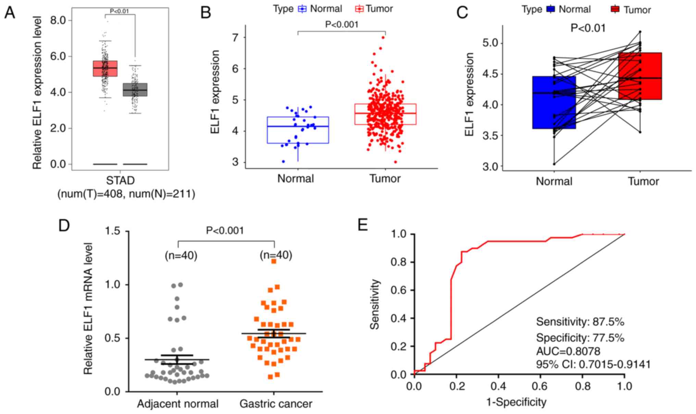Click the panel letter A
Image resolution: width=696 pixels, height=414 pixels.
click(10, 13)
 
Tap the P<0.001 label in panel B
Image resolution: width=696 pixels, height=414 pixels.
click(341, 24)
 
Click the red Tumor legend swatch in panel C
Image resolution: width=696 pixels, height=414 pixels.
click(615, 9)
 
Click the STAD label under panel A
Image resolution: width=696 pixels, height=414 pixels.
click(120, 181)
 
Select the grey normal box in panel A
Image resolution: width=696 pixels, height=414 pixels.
click(135, 89)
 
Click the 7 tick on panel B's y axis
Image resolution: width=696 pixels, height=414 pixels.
click(235, 37)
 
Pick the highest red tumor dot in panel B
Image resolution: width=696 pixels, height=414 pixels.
click(383, 38)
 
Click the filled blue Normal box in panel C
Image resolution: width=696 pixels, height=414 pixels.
click(554, 102)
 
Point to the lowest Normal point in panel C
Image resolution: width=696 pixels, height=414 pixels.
click(554, 164)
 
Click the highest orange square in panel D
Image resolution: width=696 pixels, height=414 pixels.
click(274, 261)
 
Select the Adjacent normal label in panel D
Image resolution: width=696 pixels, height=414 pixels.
click(178, 404)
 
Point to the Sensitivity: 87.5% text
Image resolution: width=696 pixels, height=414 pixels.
click(580, 322)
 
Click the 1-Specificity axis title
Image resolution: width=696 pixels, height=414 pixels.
click(516, 402)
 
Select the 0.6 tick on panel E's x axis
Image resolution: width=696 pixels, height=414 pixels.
click(540, 387)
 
